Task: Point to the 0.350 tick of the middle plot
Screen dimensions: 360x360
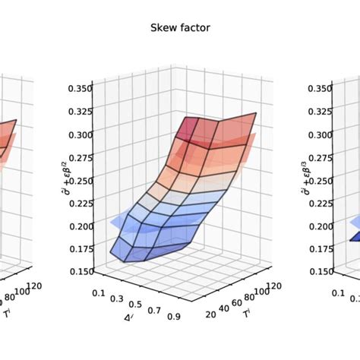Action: coord(79,88)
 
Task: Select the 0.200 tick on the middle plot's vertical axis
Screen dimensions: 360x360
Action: coord(79,226)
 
